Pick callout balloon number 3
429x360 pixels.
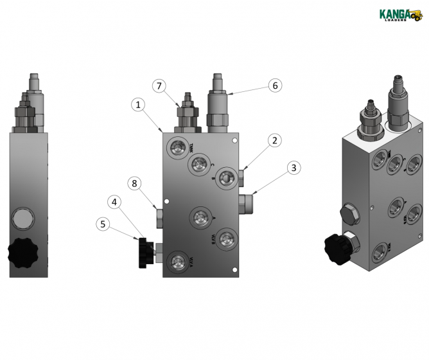(x=292, y=168)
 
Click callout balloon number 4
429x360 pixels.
(x=114, y=201)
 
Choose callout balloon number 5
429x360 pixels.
(x=101, y=224)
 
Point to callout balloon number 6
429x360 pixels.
(x=274, y=85)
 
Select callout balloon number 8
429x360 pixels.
(x=134, y=183)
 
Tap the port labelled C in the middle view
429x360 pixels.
(x=199, y=165)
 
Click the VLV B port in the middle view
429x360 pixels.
(x=225, y=239)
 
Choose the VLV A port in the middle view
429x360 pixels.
(x=176, y=260)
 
